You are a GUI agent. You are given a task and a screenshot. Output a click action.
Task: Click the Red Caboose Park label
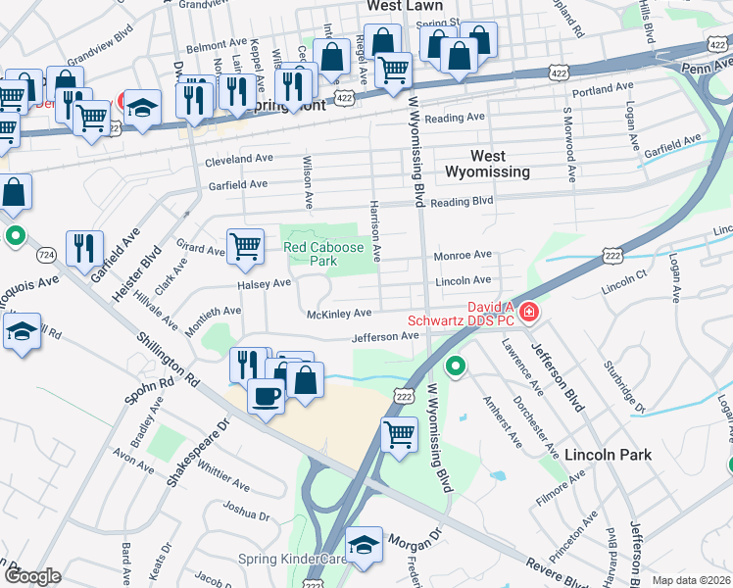(323, 255)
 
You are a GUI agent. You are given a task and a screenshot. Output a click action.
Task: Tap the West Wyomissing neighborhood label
(488, 164)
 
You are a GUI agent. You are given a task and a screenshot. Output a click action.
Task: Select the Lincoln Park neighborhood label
(608, 455)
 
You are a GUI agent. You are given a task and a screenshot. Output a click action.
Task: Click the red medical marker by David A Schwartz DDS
(529, 313)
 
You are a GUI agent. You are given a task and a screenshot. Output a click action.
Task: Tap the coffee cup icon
(266, 396)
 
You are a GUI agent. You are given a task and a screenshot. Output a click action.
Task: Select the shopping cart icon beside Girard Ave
(244, 247)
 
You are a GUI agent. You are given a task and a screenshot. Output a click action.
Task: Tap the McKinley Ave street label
(339, 313)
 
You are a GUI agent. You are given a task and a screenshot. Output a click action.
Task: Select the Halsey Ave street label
(265, 283)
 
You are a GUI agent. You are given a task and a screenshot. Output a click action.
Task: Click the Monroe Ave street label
(463, 255)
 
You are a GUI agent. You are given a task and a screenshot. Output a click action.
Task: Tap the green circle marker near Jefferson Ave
(456, 367)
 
